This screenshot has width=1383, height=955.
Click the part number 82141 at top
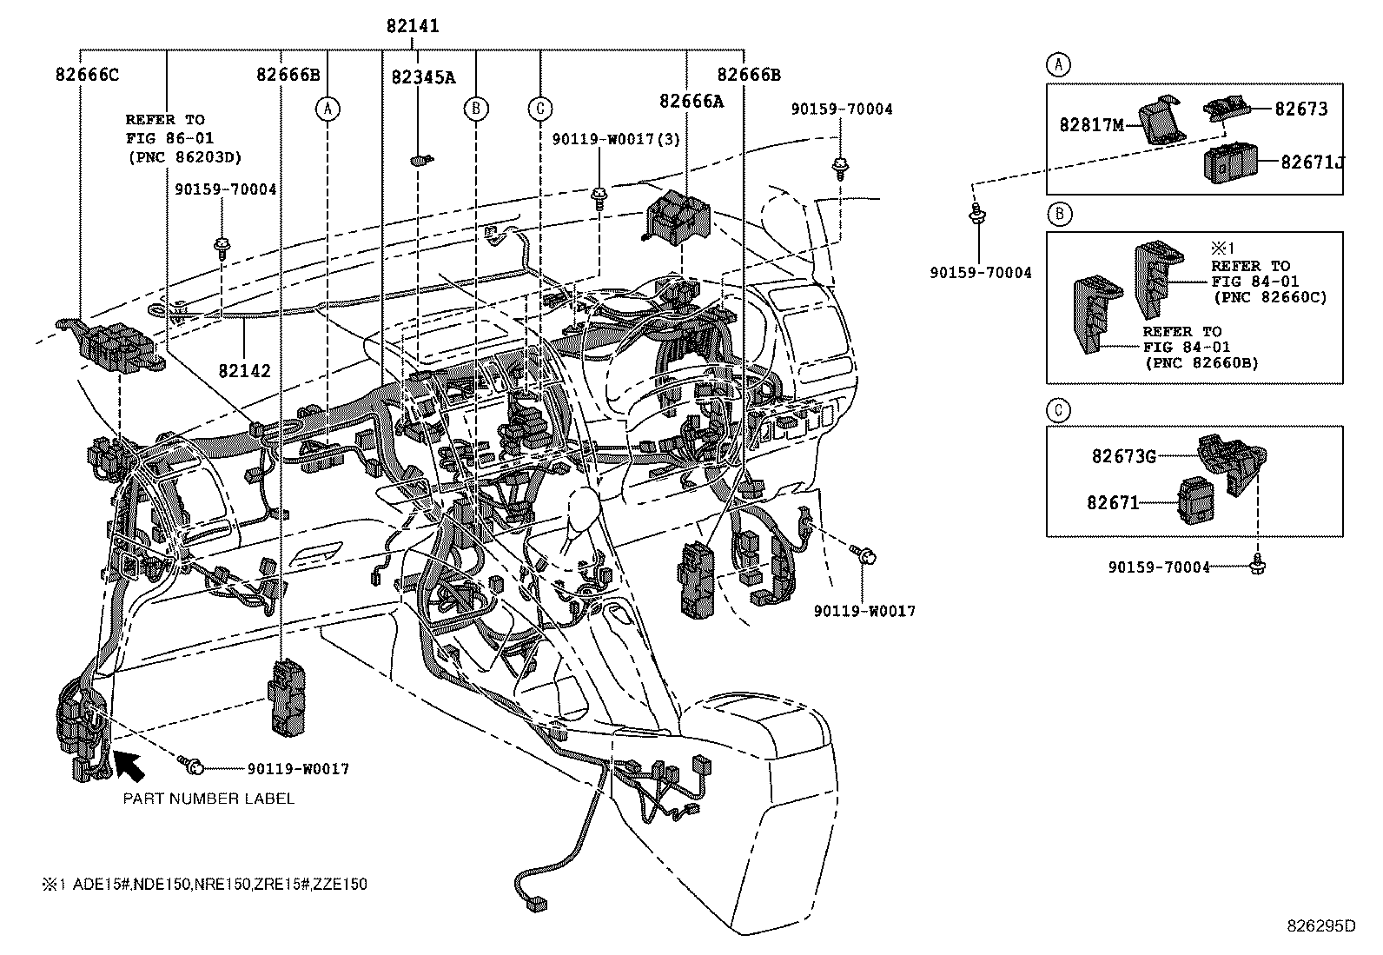(x=413, y=26)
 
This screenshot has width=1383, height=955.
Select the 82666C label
(x=88, y=75)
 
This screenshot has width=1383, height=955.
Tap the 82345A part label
(x=423, y=77)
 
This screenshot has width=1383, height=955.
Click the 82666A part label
(x=691, y=101)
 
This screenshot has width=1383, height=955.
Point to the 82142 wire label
(x=244, y=371)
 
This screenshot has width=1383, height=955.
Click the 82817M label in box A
(x=1091, y=125)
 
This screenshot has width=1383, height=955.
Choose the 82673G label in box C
(x=1123, y=455)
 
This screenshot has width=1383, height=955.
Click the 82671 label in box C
(x=1112, y=502)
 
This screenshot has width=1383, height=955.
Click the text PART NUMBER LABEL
(x=208, y=799)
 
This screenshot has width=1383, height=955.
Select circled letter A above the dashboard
(x=328, y=109)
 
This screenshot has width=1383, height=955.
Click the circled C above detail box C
(x=1058, y=410)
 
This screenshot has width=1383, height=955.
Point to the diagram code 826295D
(x=1320, y=925)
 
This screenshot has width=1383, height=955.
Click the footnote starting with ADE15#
(x=203, y=885)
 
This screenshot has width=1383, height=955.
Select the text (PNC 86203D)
(x=183, y=157)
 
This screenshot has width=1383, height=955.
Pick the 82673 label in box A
(x=1300, y=109)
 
